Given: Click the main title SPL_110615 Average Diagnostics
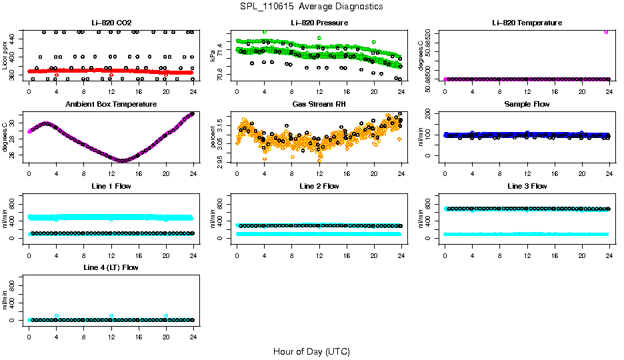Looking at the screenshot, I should click(x=311, y=6).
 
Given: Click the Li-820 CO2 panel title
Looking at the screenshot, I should click(x=111, y=23).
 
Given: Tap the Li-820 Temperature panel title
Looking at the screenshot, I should click(x=527, y=23).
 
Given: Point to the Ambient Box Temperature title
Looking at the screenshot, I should click(x=111, y=105).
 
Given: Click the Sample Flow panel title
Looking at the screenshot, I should click(x=527, y=105).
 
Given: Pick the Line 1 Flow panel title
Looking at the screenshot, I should click(x=111, y=186).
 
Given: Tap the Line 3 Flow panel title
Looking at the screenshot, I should click(x=527, y=186).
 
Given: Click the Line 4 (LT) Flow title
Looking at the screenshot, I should click(x=111, y=267).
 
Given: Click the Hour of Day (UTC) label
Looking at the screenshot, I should click(x=311, y=351).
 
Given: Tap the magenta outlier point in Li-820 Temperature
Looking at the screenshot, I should click(x=606, y=32).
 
